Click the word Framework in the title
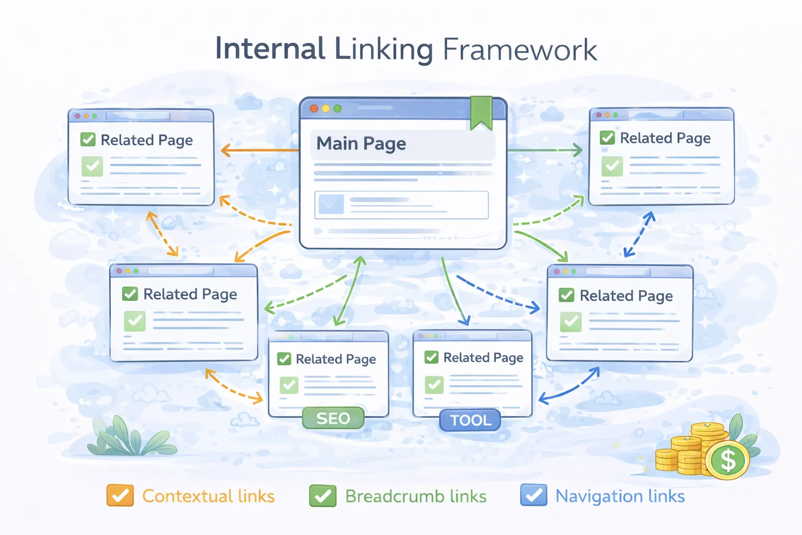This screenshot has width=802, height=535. tap(520, 50)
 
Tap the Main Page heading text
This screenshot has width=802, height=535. tap(361, 144)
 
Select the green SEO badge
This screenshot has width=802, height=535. tap(333, 418)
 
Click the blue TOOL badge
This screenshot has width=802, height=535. tap(470, 420)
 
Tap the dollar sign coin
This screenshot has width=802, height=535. tap(727, 460)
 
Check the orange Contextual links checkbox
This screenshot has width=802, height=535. tap(120, 495)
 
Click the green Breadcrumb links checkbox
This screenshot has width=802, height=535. tap(323, 495)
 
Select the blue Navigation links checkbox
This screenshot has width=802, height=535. tap(534, 495)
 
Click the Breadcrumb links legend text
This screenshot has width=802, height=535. tap(416, 496)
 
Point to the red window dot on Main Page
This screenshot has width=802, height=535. tap(314, 109)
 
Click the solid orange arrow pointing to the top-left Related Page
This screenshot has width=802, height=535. tap(258, 151)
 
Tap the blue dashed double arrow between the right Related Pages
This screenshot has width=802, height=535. tap(639, 235)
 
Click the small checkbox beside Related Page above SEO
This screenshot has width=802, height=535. tap(284, 359)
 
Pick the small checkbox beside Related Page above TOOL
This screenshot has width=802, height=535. tap(431, 357)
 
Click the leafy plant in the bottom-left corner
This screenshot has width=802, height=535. tap(128, 438)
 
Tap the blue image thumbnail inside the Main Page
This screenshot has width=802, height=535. tap(331, 204)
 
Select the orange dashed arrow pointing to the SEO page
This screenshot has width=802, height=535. tap(233, 388)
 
